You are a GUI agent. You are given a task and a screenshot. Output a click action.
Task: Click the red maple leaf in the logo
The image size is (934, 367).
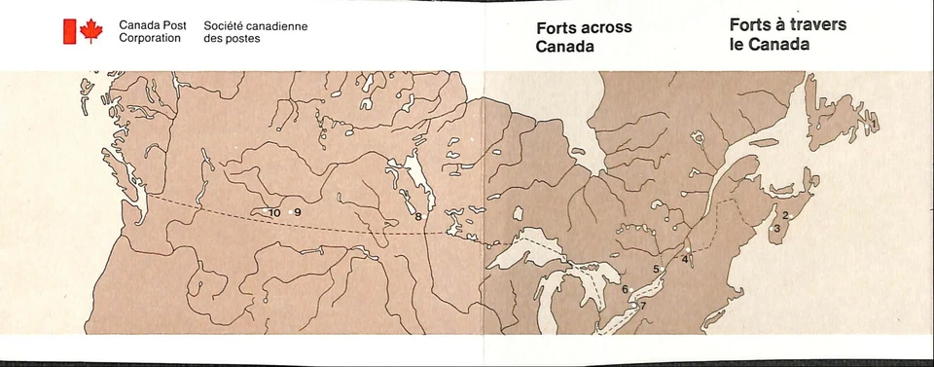point(90,31)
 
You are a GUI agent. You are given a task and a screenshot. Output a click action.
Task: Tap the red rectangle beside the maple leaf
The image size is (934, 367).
point(69,31)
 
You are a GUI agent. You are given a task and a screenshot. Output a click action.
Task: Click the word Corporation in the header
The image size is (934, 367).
point(150,38)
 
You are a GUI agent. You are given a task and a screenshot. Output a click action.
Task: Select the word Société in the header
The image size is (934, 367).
point(226,26)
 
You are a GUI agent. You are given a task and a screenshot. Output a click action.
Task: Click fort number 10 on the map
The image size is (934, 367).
point(274,212)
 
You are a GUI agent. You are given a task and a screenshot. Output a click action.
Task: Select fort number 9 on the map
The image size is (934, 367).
point(297,212)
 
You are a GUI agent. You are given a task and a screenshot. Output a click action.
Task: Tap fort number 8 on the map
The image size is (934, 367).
point(418,216)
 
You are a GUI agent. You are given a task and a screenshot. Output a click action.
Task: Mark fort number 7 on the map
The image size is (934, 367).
point(642,306)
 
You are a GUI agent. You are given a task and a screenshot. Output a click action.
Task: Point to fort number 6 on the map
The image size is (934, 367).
point(625,289)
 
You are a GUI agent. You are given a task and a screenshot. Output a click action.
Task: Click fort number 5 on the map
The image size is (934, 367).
point(657,269)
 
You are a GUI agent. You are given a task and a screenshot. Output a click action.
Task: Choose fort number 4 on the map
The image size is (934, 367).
point(685,259)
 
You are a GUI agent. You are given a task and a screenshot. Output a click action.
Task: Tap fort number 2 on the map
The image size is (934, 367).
point(783,215)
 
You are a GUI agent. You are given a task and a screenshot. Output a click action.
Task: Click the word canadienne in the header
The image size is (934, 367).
point(274,26)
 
